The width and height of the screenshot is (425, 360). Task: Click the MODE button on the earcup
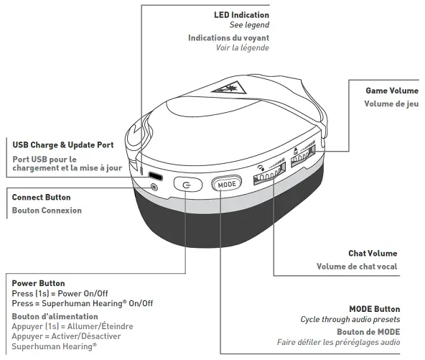(x=226, y=184)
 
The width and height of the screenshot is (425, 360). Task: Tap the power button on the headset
(x=187, y=185)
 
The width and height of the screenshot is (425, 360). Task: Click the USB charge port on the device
(x=154, y=175)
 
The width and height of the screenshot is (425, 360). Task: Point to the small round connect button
(x=154, y=187)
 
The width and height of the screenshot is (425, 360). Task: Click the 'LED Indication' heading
(x=241, y=14)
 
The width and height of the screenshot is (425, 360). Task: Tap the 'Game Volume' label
(x=391, y=91)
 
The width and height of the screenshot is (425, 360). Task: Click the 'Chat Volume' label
(x=372, y=254)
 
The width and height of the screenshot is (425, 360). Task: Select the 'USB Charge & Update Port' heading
(x=62, y=144)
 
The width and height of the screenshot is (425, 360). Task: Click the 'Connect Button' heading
(x=42, y=197)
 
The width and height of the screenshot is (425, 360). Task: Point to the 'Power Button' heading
(x=39, y=283)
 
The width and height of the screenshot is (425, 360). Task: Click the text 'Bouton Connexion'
(x=47, y=211)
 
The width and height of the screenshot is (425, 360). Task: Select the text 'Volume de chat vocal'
(x=357, y=267)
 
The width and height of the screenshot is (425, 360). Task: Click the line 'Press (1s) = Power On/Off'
(x=60, y=294)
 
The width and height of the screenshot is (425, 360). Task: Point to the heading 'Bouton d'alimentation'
(x=55, y=316)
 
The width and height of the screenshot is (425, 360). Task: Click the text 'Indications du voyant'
(x=228, y=37)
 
